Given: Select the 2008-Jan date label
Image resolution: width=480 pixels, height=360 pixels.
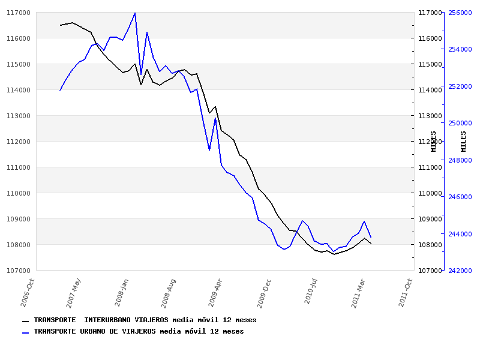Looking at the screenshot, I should [x=121, y=292].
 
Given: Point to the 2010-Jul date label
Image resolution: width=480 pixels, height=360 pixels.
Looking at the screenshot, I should [x=310, y=292].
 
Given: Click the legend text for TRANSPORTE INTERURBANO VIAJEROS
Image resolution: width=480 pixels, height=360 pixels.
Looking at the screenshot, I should [x=145, y=320].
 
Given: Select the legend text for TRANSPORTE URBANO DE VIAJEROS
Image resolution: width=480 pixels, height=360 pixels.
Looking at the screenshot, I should [x=139, y=331].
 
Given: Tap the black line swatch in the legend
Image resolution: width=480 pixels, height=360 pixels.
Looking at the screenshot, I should [x=25, y=321].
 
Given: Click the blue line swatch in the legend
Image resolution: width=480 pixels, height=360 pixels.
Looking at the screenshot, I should [x=25, y=332].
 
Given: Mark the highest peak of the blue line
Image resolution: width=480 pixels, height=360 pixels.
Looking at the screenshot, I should [x=135, y=13].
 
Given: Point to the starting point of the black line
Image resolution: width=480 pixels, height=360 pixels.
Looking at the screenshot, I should [x=60, y=25].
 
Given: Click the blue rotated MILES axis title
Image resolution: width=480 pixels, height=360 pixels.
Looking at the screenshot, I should [x=463, y=141].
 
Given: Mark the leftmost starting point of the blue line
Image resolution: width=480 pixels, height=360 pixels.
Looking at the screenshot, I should [x=60, y=90].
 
